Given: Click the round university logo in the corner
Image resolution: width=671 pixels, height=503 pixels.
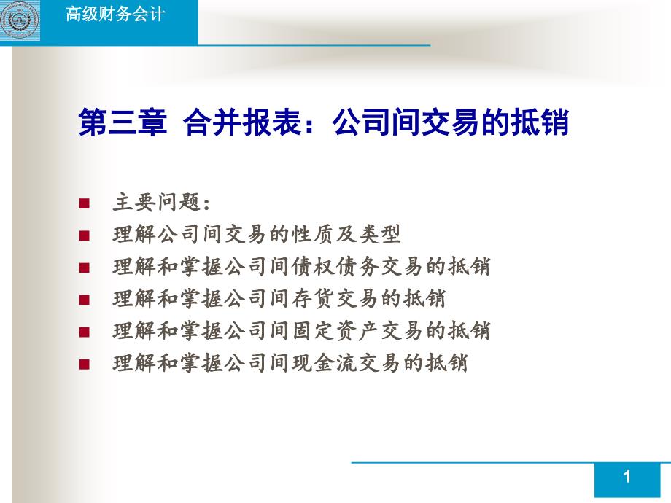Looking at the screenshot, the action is [x=20, y=20].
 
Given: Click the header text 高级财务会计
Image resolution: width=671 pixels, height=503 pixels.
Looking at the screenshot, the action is [x=115, y=14].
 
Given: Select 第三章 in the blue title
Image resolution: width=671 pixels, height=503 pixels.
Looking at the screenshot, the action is [x=123, y=122].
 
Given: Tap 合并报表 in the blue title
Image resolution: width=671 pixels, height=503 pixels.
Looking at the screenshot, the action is [x=243, y=122].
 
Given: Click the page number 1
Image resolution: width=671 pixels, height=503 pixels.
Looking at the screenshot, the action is [x=627, y=477].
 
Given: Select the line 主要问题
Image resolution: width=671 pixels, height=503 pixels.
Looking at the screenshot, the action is [x=162, y=203].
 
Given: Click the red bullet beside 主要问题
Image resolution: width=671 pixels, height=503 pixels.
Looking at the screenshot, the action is [x=85, y=203].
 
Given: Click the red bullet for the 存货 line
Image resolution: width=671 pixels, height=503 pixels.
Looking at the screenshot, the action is [x=85, y=300].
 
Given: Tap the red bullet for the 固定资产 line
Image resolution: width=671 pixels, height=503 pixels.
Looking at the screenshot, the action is [x=85, y=332].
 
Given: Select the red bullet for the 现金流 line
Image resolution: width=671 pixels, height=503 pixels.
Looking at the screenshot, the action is [x=85, y=364].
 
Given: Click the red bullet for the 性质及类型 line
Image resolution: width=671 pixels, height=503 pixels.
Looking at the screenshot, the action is [x=85, y=235].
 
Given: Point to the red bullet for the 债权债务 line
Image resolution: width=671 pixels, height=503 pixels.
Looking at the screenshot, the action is [x=85, y=268].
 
